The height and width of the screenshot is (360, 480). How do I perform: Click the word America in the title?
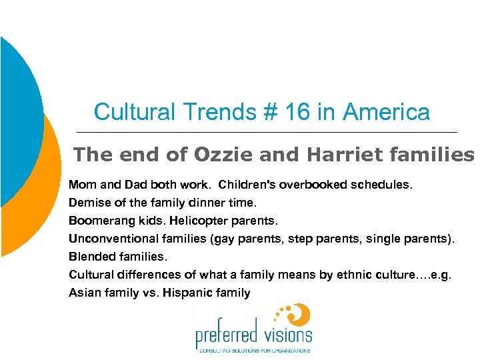(x=386, y=111)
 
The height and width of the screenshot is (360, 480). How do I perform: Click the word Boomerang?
(x=97, y=219)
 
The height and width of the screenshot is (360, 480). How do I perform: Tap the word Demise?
(x=87, y=201)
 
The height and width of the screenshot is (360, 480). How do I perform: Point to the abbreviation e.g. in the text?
(x=441, y=274)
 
